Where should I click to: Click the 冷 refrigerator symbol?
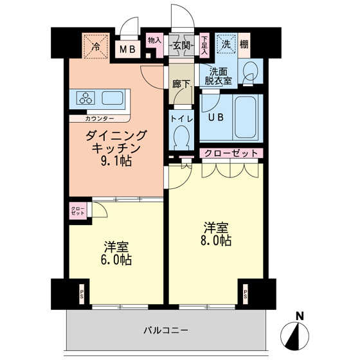click(95, 46)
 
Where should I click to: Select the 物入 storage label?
click(155, 40)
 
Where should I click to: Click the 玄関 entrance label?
click(182, 46)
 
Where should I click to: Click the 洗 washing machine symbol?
click(226, 44)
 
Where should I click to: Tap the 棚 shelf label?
click(245, 44)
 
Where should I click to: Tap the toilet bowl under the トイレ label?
click(181, 137)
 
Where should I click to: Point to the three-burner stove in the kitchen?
click(85, 98)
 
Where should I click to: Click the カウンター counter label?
click(100, 119)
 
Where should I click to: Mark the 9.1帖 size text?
click(116, 161)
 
